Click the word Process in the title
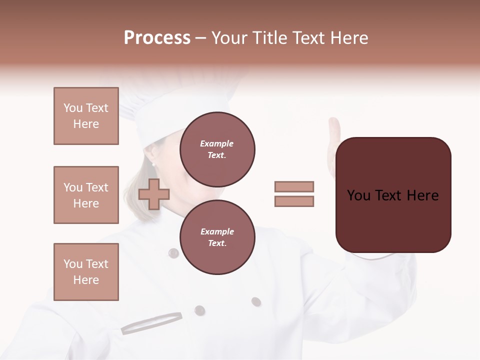pos(157,38)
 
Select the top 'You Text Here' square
pos(86,116)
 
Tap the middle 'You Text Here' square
pos(86,195)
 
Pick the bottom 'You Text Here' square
pos(86,272)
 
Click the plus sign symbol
pos(153,194)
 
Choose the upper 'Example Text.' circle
pos(217,149)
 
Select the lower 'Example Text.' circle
pos(217,237)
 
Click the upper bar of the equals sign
pos(294,186)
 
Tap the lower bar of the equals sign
pos(294,201)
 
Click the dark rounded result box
pos(393,195)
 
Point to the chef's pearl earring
pos(153,164)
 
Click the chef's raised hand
pos(333,140)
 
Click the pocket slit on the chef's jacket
pos(151,322)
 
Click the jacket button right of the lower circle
pos(256,301)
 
